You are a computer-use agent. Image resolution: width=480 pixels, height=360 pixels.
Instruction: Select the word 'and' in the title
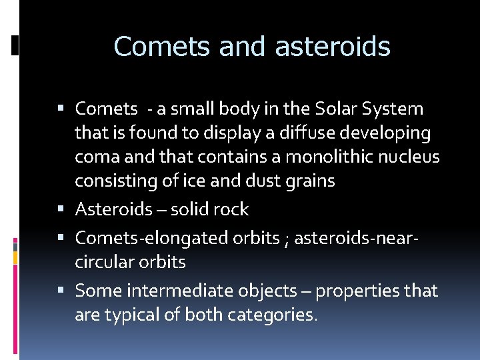tap(233, 47)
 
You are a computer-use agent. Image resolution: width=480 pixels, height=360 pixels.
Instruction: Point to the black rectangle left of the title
tap(15, 46)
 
